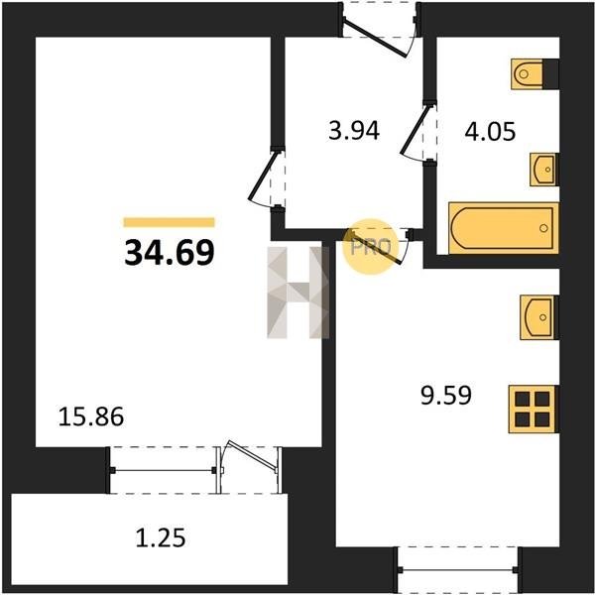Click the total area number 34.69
coord(170,253)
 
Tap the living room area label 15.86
coord(91,416)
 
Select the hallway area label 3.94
coord(354,131)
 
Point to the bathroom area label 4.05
coord(490,131)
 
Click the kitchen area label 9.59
coord(446,395)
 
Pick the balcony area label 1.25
coord(161,537)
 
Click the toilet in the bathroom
coord(535,74)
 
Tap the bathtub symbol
coord(503,228)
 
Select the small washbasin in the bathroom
coord(544,170)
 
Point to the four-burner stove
coord(534,410)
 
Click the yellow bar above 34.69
coord(170,222)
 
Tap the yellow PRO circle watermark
coord(371,247)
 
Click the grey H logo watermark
coord(298,293)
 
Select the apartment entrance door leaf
coord(374,37)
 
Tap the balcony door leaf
coord(252,455)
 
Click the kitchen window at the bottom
coord(457,569)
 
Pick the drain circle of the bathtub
coord(543,228)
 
